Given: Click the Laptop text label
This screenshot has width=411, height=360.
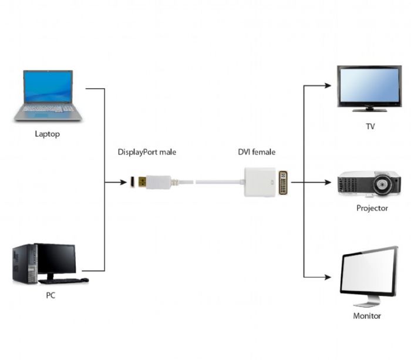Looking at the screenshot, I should tap(47, 134).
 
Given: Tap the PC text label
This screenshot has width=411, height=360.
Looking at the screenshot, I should tap(50, 295).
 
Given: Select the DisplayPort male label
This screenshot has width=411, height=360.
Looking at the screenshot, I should tap(147, 152).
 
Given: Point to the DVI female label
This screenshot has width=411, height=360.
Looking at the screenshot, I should tap(257, 152).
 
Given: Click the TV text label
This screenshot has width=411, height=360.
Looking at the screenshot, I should tap(370, 126).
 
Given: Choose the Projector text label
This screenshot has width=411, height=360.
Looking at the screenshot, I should tap(372, 208).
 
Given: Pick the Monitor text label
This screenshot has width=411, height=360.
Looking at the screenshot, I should tap(367, 316).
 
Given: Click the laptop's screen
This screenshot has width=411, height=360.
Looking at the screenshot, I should tap(48, 87).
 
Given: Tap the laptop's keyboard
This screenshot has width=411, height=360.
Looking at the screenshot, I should tap(49, 109).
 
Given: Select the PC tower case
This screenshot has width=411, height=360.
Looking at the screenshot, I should tap(24, 264).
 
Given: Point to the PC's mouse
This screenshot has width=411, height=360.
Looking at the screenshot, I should tap(85, 280).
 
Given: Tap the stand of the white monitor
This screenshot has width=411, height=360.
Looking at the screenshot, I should tap(367, 301).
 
